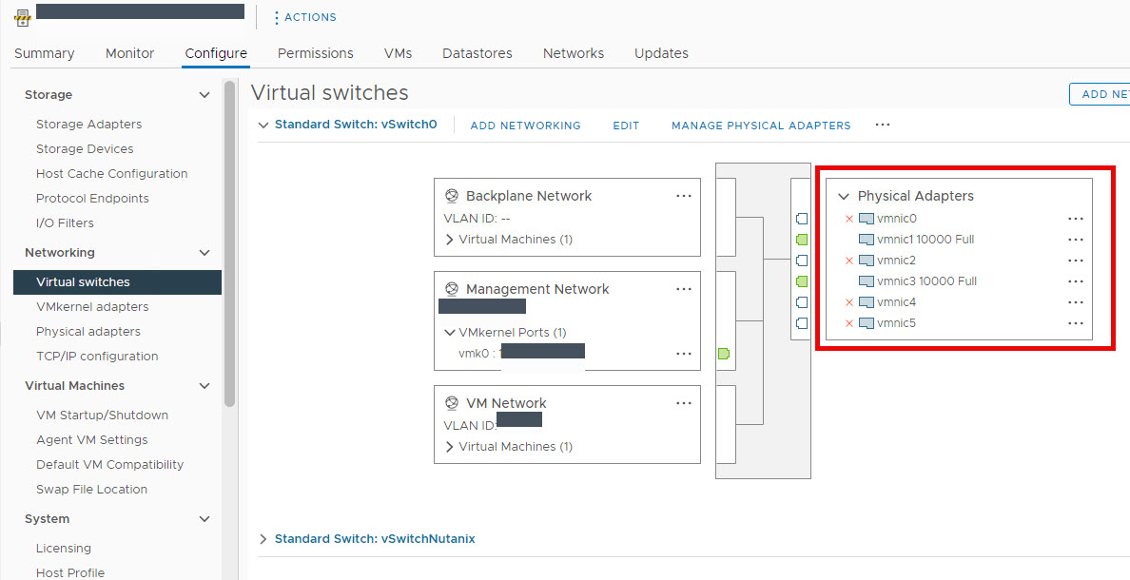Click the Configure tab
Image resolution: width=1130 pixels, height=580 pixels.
[216, 53]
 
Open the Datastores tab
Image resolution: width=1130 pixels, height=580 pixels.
[477, 53]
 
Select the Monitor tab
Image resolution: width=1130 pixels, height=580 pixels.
[129, 53]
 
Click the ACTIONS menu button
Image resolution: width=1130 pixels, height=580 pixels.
[305, 17]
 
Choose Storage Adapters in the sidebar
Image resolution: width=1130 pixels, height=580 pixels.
[88, 125]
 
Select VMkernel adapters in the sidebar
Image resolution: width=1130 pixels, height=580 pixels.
[92, 307]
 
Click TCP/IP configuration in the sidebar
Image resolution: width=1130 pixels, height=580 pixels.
[97, 357]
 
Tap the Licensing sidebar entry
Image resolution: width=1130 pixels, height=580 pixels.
[64, 549]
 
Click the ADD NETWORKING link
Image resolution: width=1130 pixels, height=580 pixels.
[525, 126]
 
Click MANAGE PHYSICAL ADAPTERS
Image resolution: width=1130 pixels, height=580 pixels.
[761, 126]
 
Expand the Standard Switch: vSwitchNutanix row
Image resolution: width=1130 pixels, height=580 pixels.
[263, 539]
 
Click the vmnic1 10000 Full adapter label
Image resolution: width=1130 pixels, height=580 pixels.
[925, 240]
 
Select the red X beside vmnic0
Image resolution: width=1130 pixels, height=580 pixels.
[849, 219]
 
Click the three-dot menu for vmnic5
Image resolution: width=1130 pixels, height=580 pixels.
[1076, 323]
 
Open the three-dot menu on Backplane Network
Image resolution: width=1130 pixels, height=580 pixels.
[683, 196]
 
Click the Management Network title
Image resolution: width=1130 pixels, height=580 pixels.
[537, 289]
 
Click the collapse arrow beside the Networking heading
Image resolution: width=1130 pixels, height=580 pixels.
[205, 253]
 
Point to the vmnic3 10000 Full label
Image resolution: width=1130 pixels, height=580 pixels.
[926, 281]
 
